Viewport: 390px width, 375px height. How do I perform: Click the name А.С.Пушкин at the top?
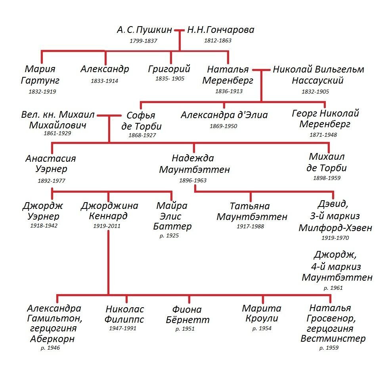tap(144, 30)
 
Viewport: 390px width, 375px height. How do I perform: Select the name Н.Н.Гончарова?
tap(221, 30)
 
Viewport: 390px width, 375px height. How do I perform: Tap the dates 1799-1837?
tap(143, 41)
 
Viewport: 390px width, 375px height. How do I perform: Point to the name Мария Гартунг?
tap(40, 75)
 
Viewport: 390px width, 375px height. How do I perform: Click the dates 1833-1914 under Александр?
tap(104, 81)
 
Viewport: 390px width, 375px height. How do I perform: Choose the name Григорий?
tap(169, 69)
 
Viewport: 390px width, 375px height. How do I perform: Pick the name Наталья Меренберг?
tap(228, 75)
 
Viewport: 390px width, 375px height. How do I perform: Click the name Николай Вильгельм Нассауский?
tap(318, 75)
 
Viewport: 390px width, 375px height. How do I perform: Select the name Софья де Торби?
tap(141, 121)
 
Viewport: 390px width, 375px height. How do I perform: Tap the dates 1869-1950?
tap(224, 126)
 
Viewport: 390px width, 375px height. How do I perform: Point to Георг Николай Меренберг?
tap(325, 119)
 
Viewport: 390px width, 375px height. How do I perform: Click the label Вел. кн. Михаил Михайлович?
tap(58, 120)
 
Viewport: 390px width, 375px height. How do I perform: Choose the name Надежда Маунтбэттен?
tap(194, 164)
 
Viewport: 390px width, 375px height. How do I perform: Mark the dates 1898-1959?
tap(327, 178)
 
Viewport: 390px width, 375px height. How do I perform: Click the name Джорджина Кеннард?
tap(109, 210)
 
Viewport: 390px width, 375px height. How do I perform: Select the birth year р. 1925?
tap(169, 235)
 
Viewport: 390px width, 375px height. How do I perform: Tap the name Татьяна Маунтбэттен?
tap(252, 211)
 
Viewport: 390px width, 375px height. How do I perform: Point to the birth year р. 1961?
tap(333, 288)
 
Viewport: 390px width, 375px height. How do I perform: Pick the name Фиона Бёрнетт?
tap(187, 314)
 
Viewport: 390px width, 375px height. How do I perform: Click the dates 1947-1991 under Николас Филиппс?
tap(122, 328)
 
